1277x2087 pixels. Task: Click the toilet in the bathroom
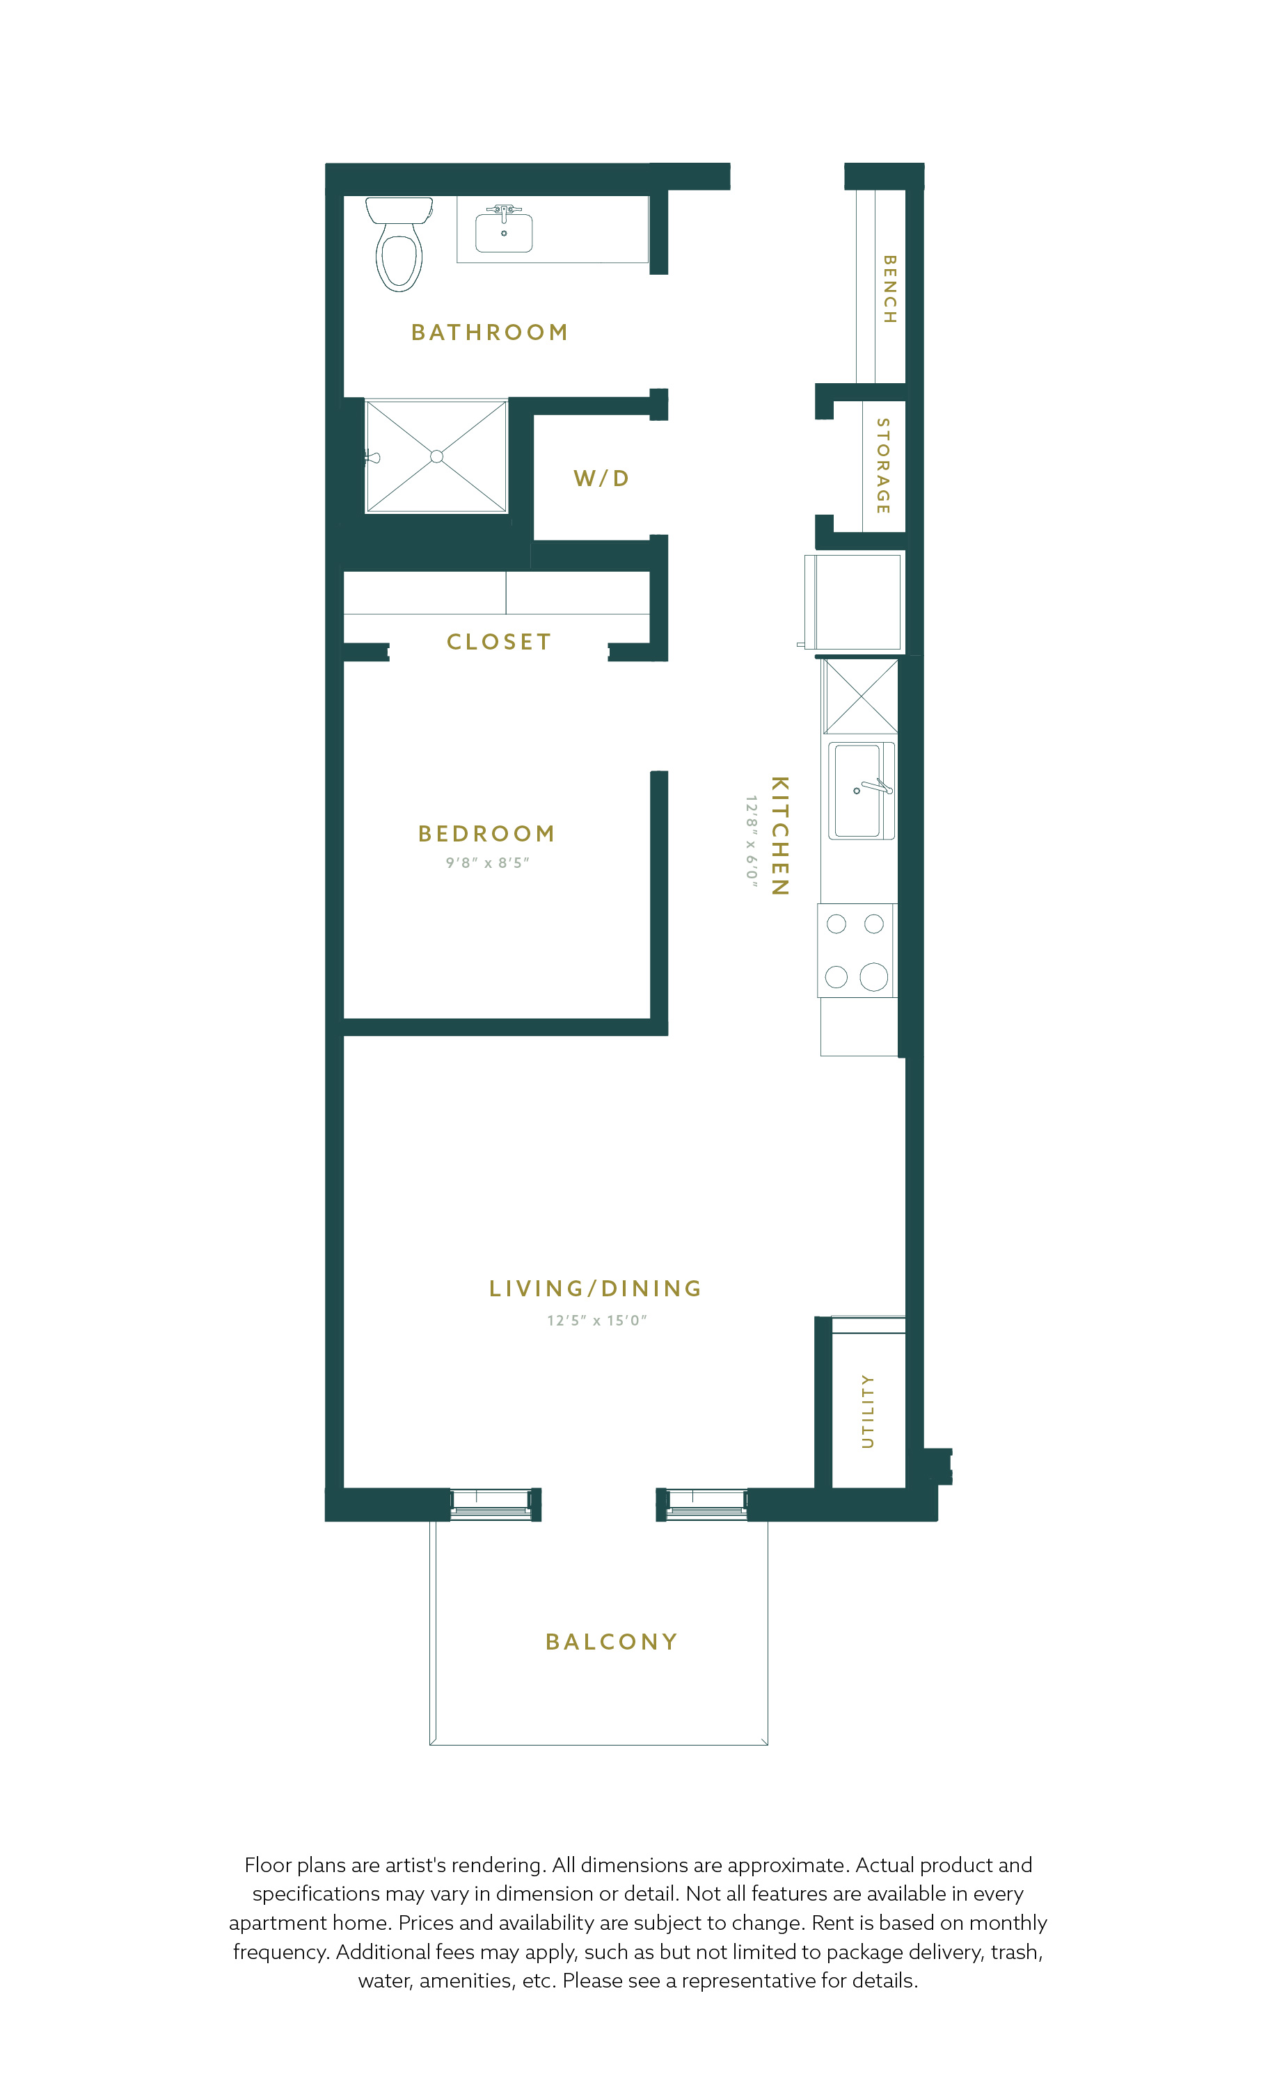click(x=399, y=244)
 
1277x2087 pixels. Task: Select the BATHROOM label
click(x=490, y=332)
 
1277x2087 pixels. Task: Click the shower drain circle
click(x=436, y=456)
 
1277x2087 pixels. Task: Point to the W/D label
click(x=602, y=478)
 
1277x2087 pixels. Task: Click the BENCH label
click(x=889, y=289)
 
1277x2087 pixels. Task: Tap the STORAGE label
click(x=883, y=466)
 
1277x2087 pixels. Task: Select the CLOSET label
click(x=499, y=642)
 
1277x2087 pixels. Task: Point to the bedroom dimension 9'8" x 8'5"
click(x=487, y=863)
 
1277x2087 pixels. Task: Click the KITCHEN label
click(x=779, y=835)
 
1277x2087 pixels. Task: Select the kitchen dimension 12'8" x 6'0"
click(x=751, y=841)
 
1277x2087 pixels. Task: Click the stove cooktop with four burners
click(x=856, y=951)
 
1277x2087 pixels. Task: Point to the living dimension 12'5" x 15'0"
click(x=596, y=1321)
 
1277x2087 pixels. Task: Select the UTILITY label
click(x=867, y=1411)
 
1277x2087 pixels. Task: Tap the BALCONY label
click(x=612, y=1641)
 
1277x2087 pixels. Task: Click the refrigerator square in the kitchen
click(x=852, y=602)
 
